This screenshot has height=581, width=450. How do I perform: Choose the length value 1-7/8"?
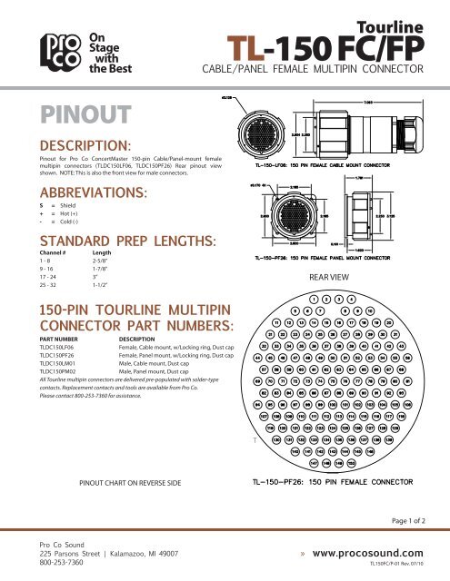103,272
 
